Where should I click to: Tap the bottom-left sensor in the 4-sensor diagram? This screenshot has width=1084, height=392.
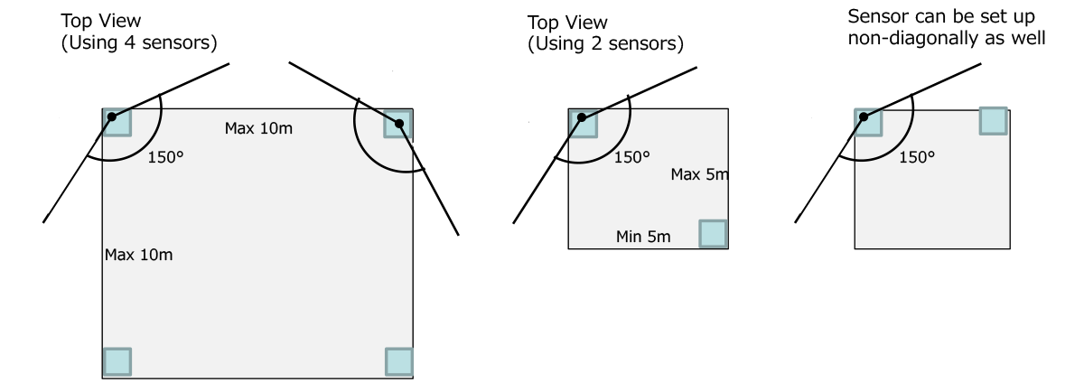coord(117,361)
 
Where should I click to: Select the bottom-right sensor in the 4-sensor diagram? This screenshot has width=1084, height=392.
coord(398,361)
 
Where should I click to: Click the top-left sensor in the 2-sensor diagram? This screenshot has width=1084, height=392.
coord(583,122)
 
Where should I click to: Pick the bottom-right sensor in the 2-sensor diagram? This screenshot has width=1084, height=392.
coord(713,234)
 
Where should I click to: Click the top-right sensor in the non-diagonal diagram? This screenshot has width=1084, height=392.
coord(993,121)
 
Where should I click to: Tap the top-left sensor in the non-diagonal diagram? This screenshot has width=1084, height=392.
coord(868,122)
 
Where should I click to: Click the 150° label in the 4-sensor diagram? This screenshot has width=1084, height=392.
coord(164,156)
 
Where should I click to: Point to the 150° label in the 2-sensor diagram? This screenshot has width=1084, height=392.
coord(631,156)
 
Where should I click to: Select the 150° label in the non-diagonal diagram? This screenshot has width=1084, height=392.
coord(918,156)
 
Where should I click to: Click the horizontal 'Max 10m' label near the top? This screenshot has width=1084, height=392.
coord(258,129)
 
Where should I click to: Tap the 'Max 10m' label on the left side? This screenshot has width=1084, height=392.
coord(138,255)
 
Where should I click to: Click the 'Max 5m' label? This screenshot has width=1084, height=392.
coord(698,173)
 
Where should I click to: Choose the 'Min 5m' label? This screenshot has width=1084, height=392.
coord(642,237)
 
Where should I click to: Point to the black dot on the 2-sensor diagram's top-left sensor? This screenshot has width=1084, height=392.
coord(581,117)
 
